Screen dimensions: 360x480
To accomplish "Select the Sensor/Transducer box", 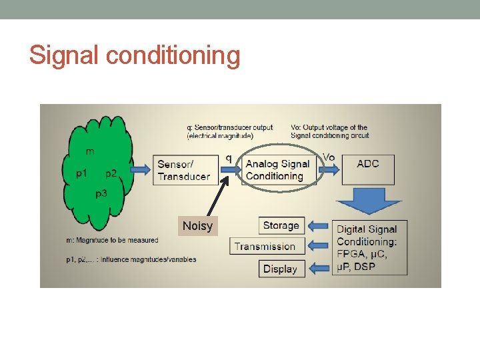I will (185, 170).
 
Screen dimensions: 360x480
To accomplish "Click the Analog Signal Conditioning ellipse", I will (277, 170).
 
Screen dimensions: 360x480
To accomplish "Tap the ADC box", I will (368, 169).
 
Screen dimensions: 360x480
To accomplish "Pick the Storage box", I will (281, 225).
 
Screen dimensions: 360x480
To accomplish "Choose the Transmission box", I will (266, 247).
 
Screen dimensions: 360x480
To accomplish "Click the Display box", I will (280, 269).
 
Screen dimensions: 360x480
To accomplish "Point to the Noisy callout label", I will (197, 226).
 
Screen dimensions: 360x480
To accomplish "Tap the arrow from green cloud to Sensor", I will (141, 170).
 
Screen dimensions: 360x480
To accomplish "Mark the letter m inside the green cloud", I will (90, 151).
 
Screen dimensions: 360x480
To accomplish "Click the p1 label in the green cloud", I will (81, 173).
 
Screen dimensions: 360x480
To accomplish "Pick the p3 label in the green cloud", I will (101, 193).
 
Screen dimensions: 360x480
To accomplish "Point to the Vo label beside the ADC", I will (329, 157).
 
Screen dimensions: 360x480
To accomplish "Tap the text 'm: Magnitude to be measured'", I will (112, 240).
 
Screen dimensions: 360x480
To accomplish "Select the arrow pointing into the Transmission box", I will (319, 247).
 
